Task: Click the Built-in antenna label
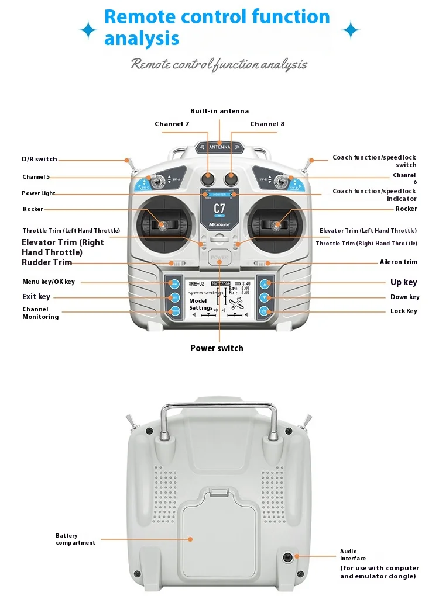[220, 111]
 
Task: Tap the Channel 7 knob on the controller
[208, 178]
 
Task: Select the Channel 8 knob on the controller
[232, 178]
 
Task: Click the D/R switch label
[39, 159]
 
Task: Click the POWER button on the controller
[220, 257]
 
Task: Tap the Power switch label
[217, 348]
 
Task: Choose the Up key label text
[404, 282]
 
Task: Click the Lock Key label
[404, 311]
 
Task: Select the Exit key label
[36, 297]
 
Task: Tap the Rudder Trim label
[47, 262]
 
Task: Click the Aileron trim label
[399, 262]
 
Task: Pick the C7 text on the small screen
[220, 209]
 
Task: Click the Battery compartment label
[75, 539]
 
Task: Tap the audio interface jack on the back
[288, 557]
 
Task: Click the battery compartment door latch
[220, 493]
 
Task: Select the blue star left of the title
[88, 30]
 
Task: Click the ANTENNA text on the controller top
[220, 148]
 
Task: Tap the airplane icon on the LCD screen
[236, 303]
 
